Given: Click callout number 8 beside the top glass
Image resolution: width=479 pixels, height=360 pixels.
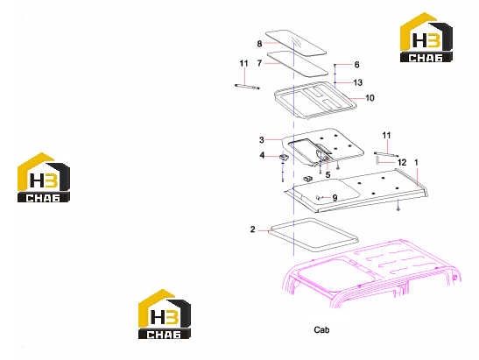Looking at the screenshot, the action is [x=259, y=44].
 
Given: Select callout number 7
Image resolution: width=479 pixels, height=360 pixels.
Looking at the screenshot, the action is [x=259, y=63].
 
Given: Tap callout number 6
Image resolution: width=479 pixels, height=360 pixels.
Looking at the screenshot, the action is [x=356, y=65].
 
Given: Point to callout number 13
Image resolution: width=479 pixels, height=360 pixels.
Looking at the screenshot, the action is [x=358, y=82].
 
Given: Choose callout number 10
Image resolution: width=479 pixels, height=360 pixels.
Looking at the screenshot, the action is [x=370, y=98].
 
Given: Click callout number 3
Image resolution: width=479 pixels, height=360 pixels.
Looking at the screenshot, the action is [x=262, y=140].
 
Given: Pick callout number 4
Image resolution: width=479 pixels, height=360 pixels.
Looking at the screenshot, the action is [x=262, y=155].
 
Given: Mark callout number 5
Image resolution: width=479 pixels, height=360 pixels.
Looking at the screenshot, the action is [x=328, y=175].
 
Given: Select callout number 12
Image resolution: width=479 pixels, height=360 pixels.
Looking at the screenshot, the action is [x=402, y=163].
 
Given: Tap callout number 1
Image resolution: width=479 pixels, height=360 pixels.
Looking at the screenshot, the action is [x=416, y=162].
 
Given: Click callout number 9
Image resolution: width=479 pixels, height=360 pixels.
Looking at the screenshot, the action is [x=335, y=198].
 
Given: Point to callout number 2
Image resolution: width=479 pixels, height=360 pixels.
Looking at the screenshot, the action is [x=253, y=229].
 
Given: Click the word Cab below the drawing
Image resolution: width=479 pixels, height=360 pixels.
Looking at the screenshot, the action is [x=321, y=329].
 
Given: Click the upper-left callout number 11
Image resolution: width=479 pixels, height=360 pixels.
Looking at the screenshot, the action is [x=243, y=63].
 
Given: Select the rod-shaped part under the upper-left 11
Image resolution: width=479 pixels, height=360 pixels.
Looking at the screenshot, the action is [x=247, y=87].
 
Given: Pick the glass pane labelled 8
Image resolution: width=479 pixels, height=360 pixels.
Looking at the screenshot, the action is [x=296, y=43].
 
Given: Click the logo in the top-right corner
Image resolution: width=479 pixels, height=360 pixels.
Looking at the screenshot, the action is [x=426, y=38].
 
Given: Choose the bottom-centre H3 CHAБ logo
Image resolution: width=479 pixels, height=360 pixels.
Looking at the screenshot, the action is [x=165, y=314].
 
